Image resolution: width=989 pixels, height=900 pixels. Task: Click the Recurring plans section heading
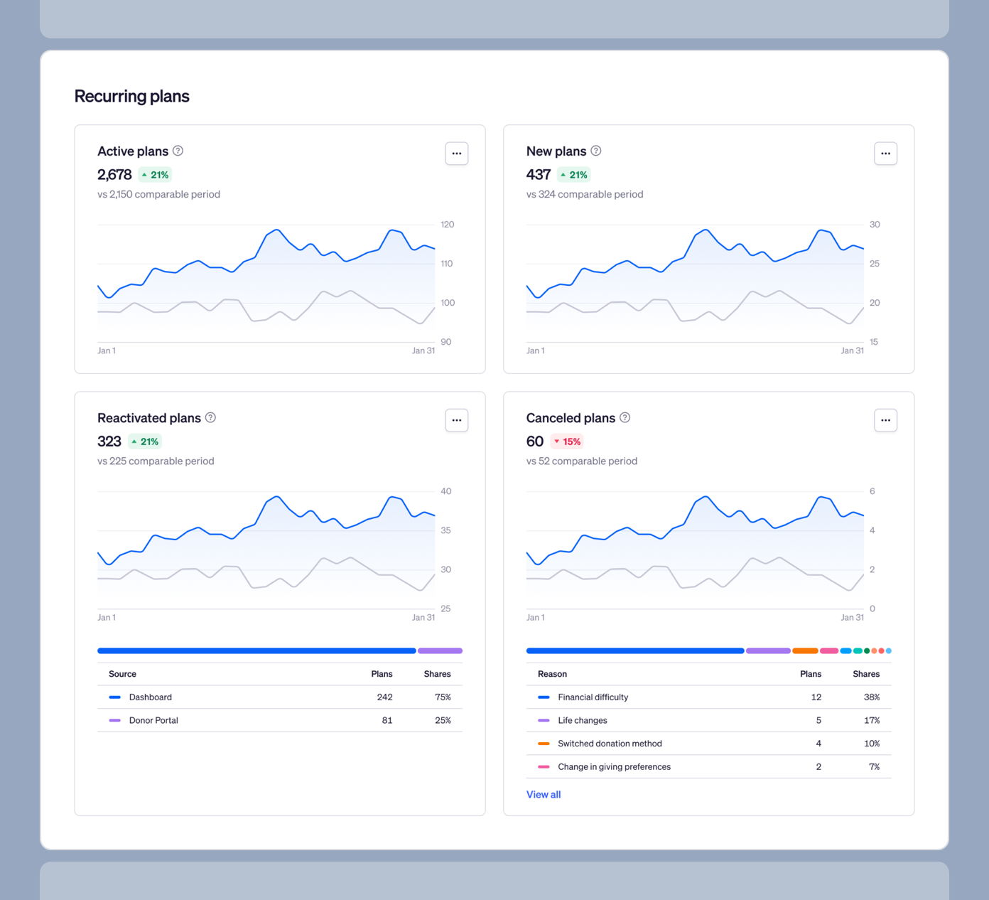coord(131,97)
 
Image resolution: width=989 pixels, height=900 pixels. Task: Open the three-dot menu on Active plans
coord(456,154)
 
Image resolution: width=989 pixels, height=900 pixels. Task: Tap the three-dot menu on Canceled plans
coord(885,420)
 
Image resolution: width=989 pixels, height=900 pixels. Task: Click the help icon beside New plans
coord(596,151)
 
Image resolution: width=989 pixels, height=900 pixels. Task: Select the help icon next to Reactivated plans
coord(210,417)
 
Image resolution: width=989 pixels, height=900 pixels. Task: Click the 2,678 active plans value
coord(114,175)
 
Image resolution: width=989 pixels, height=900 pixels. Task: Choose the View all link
coord(543,795)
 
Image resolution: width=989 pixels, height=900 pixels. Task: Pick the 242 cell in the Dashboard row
coord(384,697)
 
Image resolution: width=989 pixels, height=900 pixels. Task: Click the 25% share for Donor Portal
coord(443,720)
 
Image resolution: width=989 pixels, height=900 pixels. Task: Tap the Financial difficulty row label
coord(593,697)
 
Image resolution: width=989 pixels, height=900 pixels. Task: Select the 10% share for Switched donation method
coord(871,744)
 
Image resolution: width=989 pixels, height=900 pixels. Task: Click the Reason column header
coord(552,674)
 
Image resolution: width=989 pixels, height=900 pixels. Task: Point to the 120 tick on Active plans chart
coord(447,225)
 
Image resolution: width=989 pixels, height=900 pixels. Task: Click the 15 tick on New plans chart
coord(873,342)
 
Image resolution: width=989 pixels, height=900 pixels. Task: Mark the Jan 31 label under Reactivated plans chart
coord(423,618)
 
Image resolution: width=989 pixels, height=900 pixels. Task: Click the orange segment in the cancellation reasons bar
coord(805,650)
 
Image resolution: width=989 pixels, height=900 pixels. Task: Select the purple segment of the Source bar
coord(440,650)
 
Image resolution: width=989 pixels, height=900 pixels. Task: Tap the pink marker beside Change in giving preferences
coord(544,766)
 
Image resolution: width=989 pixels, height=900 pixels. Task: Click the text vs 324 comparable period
coord(584,194)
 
